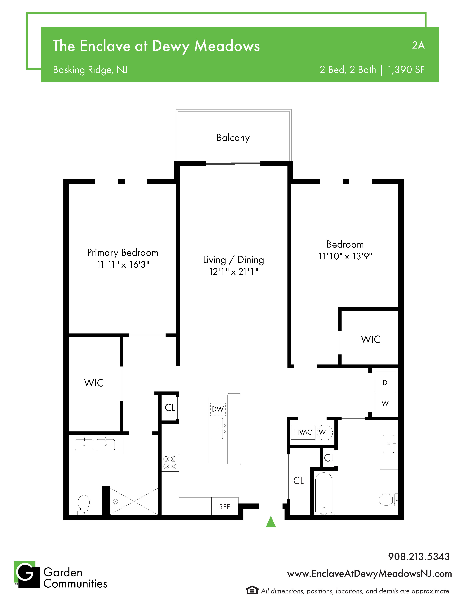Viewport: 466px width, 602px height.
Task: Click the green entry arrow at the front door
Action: [x=271, y=522]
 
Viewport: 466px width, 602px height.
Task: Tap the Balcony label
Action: [x=233, y=138]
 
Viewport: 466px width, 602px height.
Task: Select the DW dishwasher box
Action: [x=218, y=409]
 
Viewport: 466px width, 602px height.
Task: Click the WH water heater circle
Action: [x=325, y=432]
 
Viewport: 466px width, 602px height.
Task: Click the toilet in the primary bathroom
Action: [x=84, y=504]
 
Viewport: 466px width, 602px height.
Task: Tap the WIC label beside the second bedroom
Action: [x=370, y=339]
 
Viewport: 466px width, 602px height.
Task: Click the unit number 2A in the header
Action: [x=418, y=45]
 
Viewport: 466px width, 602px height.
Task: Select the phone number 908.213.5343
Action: [x=419, y=557]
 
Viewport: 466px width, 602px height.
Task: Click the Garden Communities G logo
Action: [x=27, y=574]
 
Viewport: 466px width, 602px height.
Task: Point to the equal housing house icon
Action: [x=252, y=590]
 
